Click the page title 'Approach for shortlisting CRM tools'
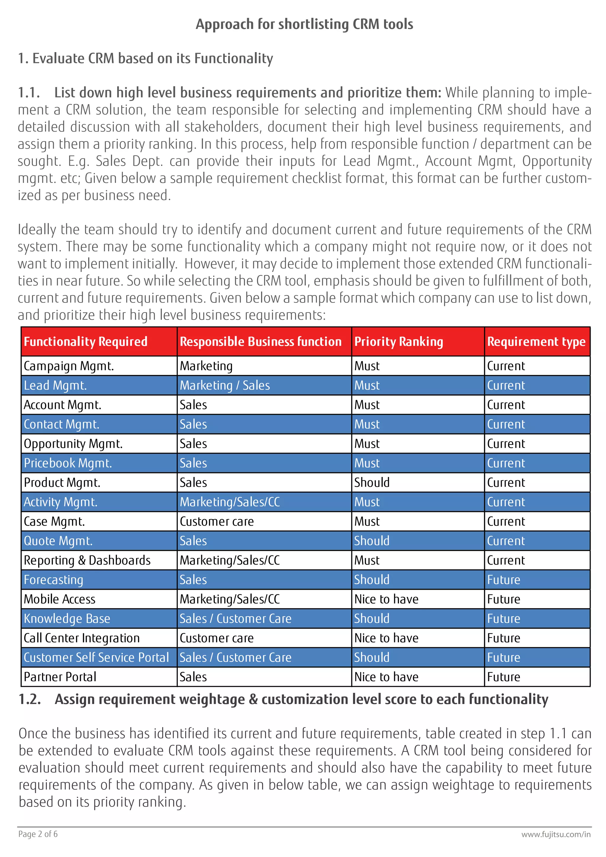[304, 24]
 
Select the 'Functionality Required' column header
[86, 341]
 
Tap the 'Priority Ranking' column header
[399, 341]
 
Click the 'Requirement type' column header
[536, 341]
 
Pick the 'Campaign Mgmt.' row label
[69, 366]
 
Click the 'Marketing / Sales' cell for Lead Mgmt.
[225, 386]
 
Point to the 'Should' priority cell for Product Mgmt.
[372, 483]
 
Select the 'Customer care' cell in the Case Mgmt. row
[216, 521]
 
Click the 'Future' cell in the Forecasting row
[503, 580]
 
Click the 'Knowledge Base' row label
[67, 618]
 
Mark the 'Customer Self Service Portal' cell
[96, 657]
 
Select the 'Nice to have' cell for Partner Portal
[386, 677]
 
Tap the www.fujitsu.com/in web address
[556, 834]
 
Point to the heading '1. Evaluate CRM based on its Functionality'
[146, 59]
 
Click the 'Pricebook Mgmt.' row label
[67, 463]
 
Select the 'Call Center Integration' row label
[81, 638]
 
